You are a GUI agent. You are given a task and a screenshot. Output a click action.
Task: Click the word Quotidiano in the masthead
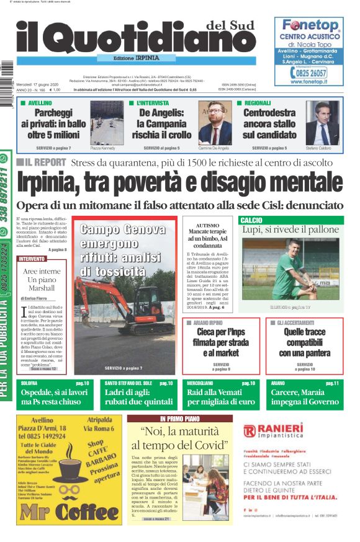[133, 43]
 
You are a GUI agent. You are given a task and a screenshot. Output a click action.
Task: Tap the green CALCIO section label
[252, 220]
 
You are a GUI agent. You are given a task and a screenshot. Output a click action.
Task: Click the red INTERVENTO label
[32, 259]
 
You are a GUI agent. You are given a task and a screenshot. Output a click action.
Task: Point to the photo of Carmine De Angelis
[215, 123]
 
